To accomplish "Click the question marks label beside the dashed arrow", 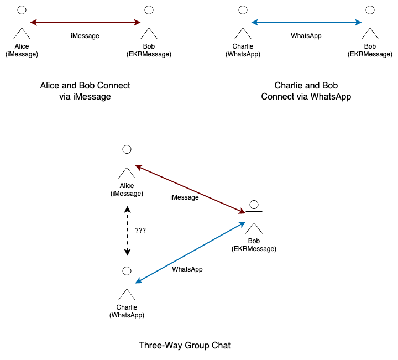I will (140, 230).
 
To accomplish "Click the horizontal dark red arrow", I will (85, 23).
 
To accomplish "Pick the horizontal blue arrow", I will (306, 23).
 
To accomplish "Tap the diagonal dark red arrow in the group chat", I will (191, 189).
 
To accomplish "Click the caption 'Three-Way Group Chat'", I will (185, 346).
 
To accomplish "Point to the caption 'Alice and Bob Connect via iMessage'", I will (85, 91).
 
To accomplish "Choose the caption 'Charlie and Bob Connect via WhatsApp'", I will (306, 91).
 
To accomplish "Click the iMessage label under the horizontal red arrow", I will (85, 36).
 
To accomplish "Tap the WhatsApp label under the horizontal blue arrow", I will (306, 36).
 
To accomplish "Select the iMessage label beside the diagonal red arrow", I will (185, 197).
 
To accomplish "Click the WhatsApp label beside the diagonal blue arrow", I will (187, 269).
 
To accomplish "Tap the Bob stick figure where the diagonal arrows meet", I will (254, 217).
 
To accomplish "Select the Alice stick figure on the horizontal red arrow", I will (22, 23).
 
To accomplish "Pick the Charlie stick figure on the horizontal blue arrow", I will (243, 23).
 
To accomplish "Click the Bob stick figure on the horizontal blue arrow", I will (370, 23).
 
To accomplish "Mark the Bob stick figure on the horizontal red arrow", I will (149, 23).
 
